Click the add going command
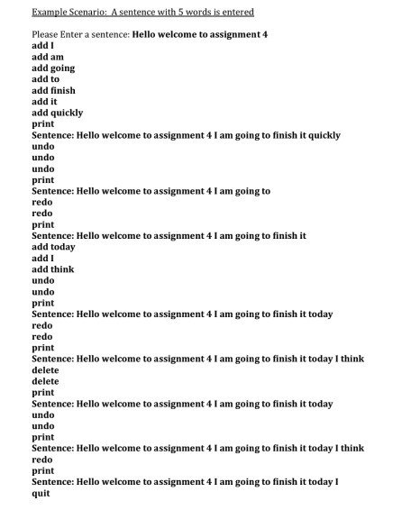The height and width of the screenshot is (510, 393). (53, 68)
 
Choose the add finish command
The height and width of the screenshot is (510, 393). (53, 90)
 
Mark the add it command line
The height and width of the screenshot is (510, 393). (44, 102)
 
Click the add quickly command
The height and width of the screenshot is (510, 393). (57, 113)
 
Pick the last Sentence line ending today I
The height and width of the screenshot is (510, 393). (185, 482)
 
